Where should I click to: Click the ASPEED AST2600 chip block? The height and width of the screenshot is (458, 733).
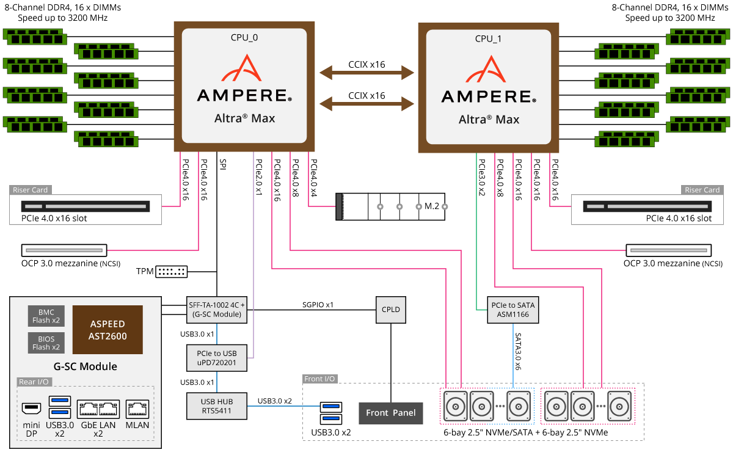click(x=108, y=330)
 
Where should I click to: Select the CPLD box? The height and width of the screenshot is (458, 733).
click(x=391, y=310)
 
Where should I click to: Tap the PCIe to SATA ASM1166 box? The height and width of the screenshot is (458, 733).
click(x=512, y=310)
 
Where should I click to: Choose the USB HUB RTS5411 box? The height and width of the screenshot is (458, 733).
click(x=217, y=406)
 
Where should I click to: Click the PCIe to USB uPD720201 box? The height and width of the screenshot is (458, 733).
click(x=217, y=358)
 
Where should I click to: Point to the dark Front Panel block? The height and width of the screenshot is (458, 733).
click(x=391, y=413)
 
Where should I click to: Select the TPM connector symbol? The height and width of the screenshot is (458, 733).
click(x=172, y=272)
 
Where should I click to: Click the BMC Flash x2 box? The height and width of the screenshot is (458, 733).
click(x=46, y=316)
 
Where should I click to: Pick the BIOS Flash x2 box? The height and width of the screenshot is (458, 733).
click(x=46, y=343)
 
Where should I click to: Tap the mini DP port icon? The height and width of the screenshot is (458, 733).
click(x=31, y=409)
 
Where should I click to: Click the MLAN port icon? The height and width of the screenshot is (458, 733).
click(x=137, y=409)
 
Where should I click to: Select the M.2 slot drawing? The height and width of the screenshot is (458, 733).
click(x=390, y=207)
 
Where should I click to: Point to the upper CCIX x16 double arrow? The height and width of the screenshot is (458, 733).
click(x=367, y=73)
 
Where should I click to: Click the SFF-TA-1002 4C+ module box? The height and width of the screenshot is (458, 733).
click(x=217, y=310)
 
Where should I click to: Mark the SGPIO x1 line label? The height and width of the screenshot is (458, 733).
click(x=318, y=305)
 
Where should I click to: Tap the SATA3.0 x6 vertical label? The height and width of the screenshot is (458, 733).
click(x=518, y=351)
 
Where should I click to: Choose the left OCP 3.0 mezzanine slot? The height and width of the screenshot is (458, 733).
click(x=64, y=250)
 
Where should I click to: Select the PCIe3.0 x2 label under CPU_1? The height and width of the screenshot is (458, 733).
click(x=482, y=177)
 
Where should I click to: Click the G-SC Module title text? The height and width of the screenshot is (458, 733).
click(x=86, y=366)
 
